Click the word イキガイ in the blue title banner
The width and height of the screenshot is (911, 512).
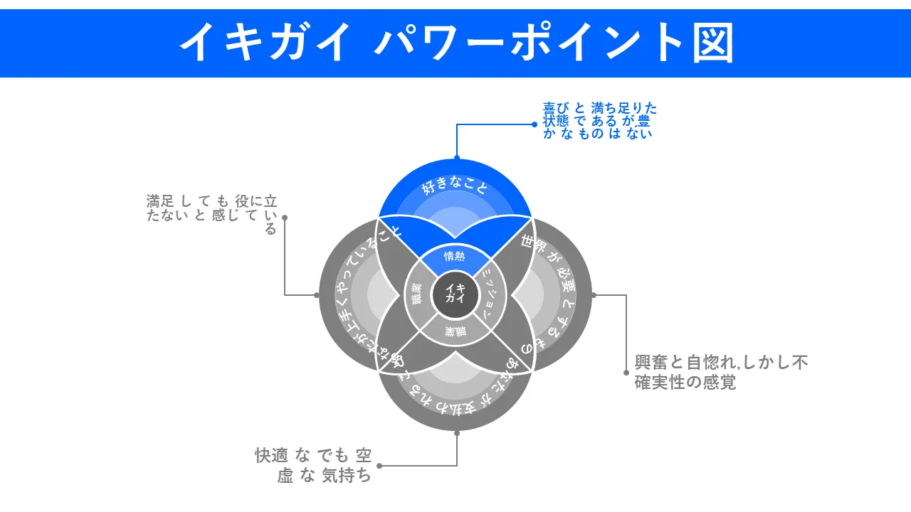[265, 43]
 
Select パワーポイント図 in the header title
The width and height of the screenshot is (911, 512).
[554, 43]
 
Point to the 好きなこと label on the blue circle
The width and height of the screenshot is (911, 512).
[455, 187]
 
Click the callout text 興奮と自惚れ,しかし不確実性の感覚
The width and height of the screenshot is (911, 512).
[721, 372]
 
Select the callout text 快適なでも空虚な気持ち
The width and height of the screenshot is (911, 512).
[313, 465]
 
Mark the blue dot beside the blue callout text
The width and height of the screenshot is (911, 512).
[535, 124]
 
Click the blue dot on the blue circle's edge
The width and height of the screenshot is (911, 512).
[456, 158]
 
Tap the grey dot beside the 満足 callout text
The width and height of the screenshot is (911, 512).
[285, 218]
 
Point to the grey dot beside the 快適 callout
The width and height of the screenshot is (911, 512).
[379, 466]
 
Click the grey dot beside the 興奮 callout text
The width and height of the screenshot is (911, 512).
[626, 372]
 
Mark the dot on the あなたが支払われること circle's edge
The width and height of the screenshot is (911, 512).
[456, 432]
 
